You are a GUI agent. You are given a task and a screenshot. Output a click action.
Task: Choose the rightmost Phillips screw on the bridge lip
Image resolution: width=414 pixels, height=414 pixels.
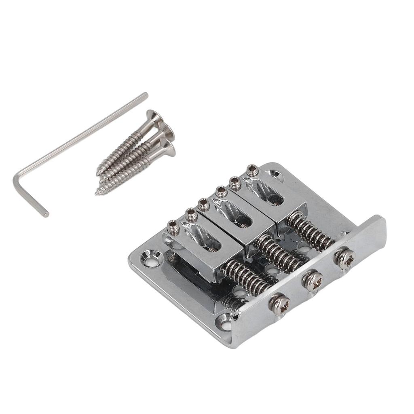click(x=345, y=258)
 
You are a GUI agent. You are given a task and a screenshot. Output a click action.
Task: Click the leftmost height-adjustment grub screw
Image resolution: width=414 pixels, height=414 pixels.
click(x=173, y=228)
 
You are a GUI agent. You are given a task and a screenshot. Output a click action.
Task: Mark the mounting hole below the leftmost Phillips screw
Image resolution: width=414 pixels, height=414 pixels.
click(x=225, y=322)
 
